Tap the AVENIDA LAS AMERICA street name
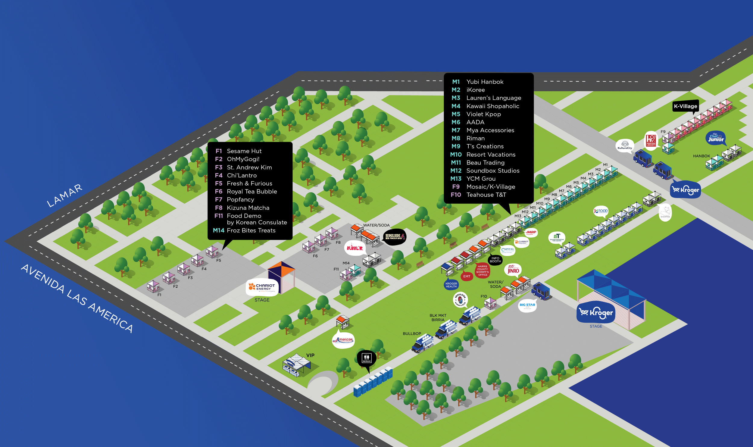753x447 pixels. (77, 298)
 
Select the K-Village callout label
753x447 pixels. (685, 106)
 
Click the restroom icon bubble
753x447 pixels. (366, 358)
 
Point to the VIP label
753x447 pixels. (310, 355)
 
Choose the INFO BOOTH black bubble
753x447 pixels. (495, 260)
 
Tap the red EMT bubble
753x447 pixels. (467, 276)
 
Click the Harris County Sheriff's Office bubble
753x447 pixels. (482, 270)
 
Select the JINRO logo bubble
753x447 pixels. (513, 270)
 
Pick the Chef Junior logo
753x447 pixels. (715, 138)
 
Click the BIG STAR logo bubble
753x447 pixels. (527, 305)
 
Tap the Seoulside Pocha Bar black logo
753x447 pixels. (394, 236)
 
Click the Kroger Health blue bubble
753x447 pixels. (451, 285)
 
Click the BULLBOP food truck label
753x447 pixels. (412, 333)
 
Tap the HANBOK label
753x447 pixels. (701, 156)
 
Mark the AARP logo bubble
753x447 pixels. (531, 232)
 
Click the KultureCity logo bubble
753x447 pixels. (625, 145)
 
